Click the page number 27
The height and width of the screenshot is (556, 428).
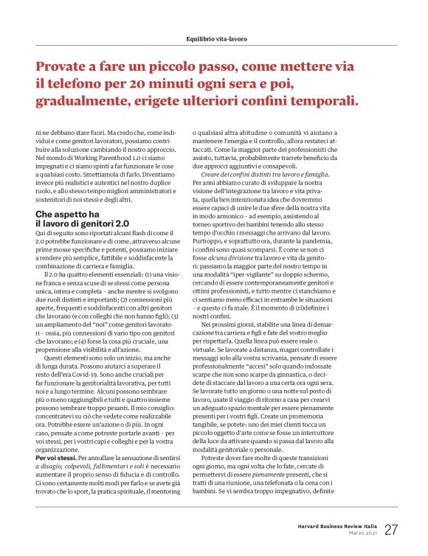(391, 529)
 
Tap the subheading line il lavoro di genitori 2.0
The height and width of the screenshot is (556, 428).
(81, 223)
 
